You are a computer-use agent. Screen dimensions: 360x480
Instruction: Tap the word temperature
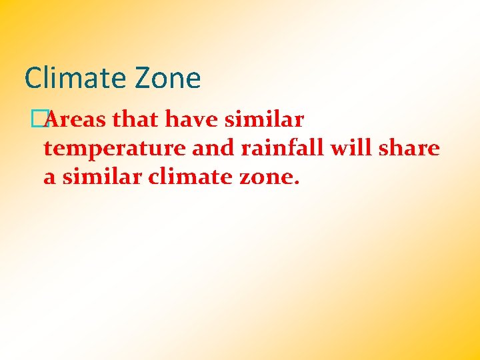(x=115, y=149)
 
